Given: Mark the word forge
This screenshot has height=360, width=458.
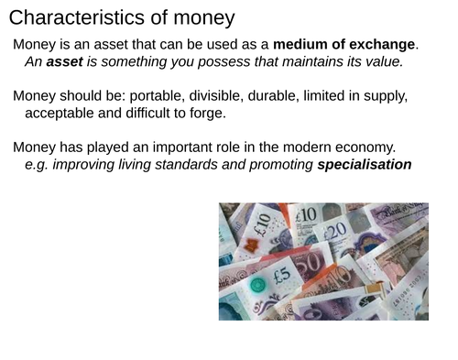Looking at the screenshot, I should click(x=203, y=114).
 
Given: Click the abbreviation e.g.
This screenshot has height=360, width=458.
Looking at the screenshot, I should click(x=39, y=165).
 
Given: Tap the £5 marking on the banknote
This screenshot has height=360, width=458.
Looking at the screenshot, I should click(x=281, y=274).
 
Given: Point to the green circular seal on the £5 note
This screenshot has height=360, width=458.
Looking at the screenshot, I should click(x=259, y=285).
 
